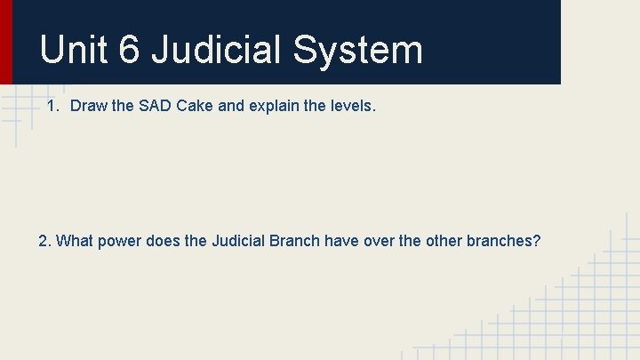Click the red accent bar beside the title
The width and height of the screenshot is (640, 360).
pos(5,42)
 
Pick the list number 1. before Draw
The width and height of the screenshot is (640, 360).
pos(53,107)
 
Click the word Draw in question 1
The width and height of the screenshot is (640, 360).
pos(88,107)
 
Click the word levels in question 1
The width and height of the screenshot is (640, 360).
pos(351,107)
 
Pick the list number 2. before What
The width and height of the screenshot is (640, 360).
pos(45,241)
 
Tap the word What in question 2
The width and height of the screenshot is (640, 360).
pos(74,241)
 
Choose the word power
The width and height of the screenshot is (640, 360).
pos(118,241)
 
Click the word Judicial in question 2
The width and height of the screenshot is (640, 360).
pos(239,241)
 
